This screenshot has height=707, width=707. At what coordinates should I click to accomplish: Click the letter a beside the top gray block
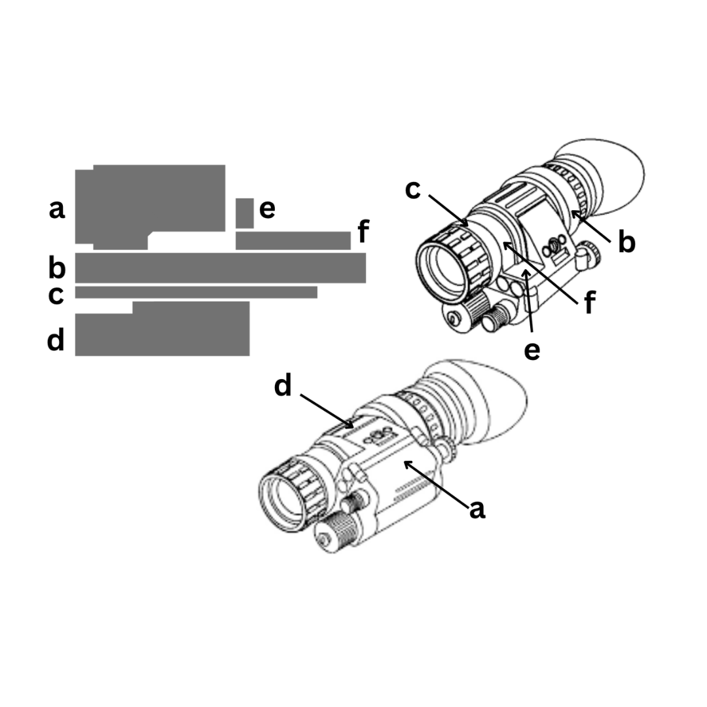(x=57, y=209)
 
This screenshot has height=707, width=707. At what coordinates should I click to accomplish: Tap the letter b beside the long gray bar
(x=57, y=267)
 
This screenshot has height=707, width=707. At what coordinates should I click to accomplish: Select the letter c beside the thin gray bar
(x=56, y=295)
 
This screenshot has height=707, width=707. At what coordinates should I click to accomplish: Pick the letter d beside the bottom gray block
(x=56, y=339)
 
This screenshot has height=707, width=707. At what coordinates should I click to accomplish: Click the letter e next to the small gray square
(x=267, y=209)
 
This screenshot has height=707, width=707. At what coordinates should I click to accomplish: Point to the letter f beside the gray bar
(x=363, y=231)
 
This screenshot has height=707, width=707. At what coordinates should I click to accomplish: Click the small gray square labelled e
(x=244, y=213)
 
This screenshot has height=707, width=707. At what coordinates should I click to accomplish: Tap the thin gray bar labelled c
(x=196, y=292)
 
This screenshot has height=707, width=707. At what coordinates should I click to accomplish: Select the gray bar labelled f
(x=293, y=240)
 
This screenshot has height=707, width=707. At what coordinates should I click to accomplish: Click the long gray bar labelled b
(x=221, y=268)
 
